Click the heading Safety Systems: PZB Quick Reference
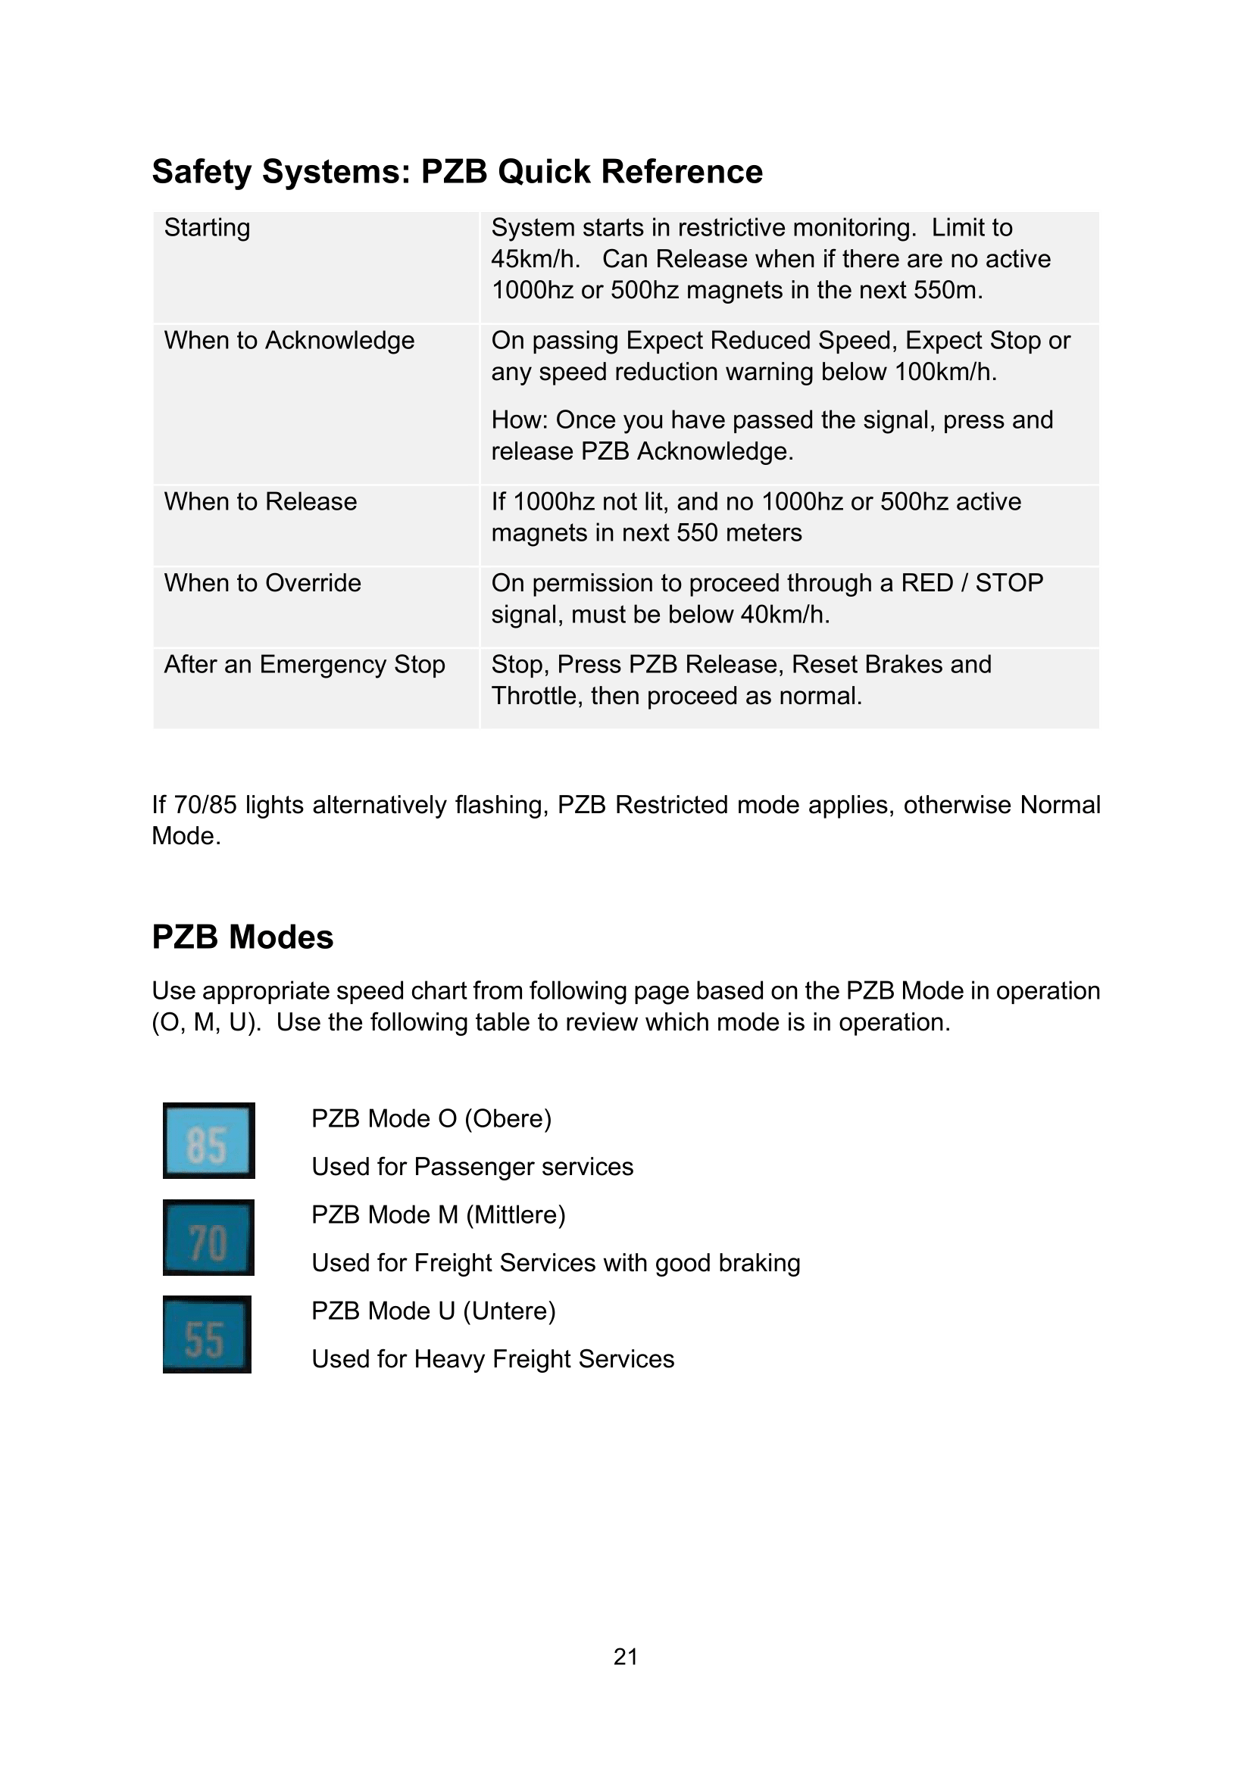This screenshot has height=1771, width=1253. coord(457,171)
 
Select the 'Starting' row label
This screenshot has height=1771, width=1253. coord(207,228)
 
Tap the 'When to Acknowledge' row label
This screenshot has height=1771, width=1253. coord(289,340)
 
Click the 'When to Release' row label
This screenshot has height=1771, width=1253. coord(260,501)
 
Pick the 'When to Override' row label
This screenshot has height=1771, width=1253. coord(262,583)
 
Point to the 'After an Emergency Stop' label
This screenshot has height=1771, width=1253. coord(304,664)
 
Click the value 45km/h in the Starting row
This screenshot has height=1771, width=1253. coord(534,259)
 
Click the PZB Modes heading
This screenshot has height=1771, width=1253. coord(242,937)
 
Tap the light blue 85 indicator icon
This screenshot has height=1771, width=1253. coord(208,1141)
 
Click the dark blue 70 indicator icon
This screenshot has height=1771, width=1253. coord(208,1238)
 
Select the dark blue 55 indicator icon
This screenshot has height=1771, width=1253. coord(207,1335)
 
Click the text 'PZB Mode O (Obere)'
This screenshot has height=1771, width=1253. coord(431,1118)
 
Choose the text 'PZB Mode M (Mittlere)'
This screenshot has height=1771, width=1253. coord(438,1214)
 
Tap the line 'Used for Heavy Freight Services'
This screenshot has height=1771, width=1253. coord(492,1359)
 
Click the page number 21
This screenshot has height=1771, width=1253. coord(626,1656)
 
